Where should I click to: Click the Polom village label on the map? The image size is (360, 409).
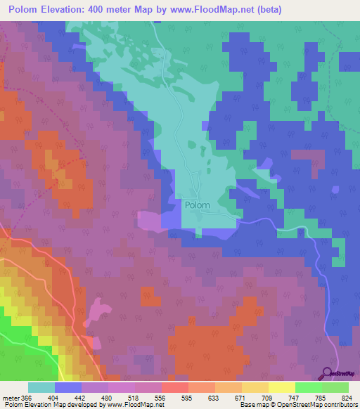(x=198, y=205)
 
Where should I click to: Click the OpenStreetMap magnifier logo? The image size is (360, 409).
(x=327, y=373)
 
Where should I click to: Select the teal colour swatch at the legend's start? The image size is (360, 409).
(x=41, y=388)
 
